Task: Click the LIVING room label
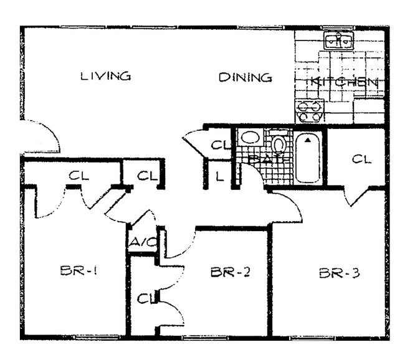point(105,77)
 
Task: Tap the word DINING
point(245,78)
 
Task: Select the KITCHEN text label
point(343,82)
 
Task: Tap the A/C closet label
point(142,242)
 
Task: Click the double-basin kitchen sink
point(339,41)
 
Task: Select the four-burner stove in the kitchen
point(310,111)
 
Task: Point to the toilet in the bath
point(279,144)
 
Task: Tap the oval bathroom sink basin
point(252,138)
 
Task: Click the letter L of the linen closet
point(219,176)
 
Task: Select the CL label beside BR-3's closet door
point(361,159)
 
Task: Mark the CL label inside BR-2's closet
point(145,300)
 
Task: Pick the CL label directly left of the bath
point(219,145)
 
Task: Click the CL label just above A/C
point(147,176)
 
